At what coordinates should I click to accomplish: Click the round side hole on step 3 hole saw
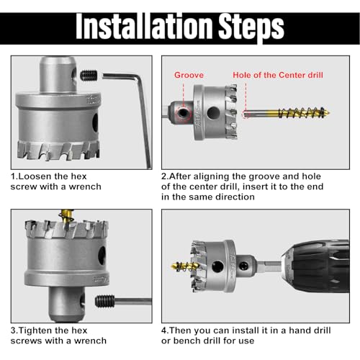[x=103, y=254]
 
